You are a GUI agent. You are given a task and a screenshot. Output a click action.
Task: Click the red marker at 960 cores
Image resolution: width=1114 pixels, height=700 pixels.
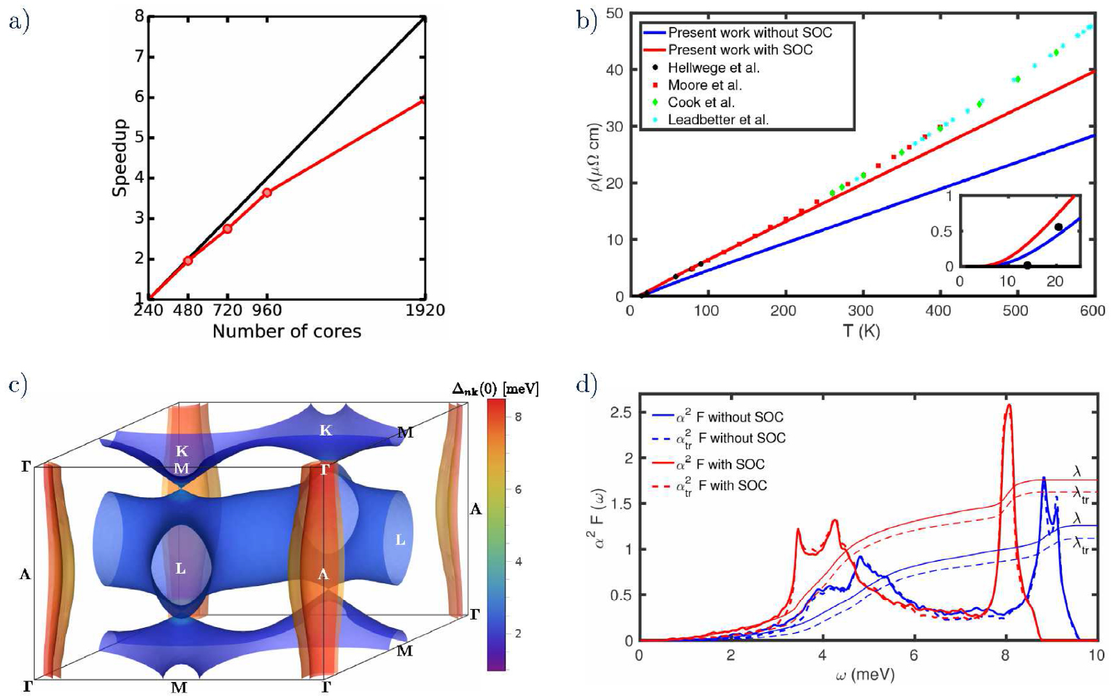click(267, 192)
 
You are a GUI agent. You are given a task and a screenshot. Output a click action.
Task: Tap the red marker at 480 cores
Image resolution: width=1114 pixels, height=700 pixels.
click(188, 260)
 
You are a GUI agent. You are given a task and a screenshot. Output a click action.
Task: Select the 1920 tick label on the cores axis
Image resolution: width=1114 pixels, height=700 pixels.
click(425, 310)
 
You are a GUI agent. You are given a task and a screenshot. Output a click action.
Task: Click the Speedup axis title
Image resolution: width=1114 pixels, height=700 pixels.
click(119, 158)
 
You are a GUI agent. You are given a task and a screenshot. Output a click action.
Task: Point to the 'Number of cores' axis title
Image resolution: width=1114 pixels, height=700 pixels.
click(287, 332)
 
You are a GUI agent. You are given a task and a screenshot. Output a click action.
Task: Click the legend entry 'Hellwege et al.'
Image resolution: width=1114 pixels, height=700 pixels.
click(713, 68)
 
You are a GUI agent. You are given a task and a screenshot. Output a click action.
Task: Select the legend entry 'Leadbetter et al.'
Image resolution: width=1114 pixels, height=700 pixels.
click(717, 120)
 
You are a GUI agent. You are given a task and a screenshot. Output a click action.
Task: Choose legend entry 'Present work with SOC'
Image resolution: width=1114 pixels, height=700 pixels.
click(740, 50)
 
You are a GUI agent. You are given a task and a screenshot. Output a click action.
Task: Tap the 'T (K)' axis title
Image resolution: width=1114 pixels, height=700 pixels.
click(861, 331)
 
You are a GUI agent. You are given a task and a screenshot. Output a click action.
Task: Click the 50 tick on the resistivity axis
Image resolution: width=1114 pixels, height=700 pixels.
click(613, 13)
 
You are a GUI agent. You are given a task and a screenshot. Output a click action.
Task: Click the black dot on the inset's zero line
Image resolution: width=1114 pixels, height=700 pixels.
click(1027, 265)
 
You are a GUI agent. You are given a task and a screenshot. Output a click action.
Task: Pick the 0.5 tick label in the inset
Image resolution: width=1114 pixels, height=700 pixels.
click(941, 231)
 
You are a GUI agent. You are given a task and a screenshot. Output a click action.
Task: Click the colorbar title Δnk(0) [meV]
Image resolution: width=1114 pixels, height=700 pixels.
click(495, 388)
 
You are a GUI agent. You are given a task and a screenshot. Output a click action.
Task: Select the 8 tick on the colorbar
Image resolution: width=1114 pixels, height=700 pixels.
click(518, 417)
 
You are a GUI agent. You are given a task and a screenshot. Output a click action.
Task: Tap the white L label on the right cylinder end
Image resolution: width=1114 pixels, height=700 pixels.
click(400, 540)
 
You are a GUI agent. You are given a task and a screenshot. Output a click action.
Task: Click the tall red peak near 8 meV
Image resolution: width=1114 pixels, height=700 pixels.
click(1008, 406)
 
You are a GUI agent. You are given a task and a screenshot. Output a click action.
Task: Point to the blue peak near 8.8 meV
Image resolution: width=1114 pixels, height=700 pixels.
click(1043, 479)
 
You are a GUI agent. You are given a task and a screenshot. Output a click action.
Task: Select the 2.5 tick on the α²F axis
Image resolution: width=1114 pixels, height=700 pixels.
click(620, 413)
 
